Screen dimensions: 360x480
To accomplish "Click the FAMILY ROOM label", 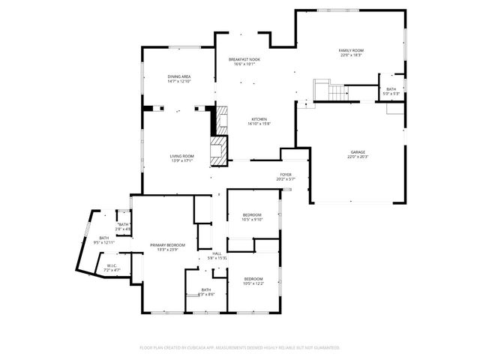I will [x=351, y=50].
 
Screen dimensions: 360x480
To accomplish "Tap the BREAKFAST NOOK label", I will [x=244, y=59].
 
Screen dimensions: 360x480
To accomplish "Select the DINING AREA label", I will [x=178, y=76].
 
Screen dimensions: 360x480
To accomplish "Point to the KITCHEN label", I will [x=259, y=119].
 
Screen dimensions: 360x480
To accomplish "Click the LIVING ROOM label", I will [x=182, y=155].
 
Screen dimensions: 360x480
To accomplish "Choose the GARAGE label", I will [x=358, y=151].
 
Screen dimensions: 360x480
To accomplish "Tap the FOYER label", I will [x=286, y=175].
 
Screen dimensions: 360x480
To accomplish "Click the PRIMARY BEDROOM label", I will [x=167, y=245].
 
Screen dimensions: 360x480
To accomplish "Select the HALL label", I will [x=217, y=253].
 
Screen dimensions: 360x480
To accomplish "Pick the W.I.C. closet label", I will [x=111, y=265].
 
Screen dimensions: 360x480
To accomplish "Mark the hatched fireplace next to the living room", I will [x=219, y=149].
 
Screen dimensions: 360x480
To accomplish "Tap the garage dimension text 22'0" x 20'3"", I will [x=358, y=157].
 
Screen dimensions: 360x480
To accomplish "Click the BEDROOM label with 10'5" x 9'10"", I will [x=252, y=214].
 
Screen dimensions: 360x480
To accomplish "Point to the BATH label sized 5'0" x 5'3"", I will [x=391, y=89].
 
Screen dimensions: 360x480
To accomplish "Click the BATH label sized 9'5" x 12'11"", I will [x=103, y=238].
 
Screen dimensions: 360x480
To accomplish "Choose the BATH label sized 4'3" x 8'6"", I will [x=206, y=289].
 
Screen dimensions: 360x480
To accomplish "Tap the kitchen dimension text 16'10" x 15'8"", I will [x=259, y=124].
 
